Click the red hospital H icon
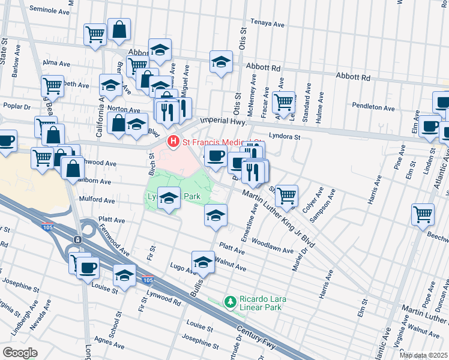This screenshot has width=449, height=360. pyautogui.click(x=173, y=142)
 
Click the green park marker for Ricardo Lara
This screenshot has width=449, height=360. pyautogui.click(x=229, y=301)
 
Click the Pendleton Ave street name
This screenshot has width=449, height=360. pyautogui.click(x=373, y=108)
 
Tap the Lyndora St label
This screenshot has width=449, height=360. pyautogui.click(x=284, y=137)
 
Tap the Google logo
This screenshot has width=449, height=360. pyautogui.click(x=20, y=353)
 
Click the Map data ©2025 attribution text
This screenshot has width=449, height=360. pyautogui.click(x=423, y=355)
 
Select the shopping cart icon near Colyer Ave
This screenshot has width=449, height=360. pyautogui.click(x=287, y=195)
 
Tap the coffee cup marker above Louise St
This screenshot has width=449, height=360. pyautogui.click(x=88, y=267)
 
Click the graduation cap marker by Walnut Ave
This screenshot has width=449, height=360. pyautogui.click(x=203, y=262)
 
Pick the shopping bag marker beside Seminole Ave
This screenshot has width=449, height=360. pyautogui.click(x=119, y=29)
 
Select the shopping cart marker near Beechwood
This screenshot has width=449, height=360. pyautogui.click(x=423, y=214)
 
